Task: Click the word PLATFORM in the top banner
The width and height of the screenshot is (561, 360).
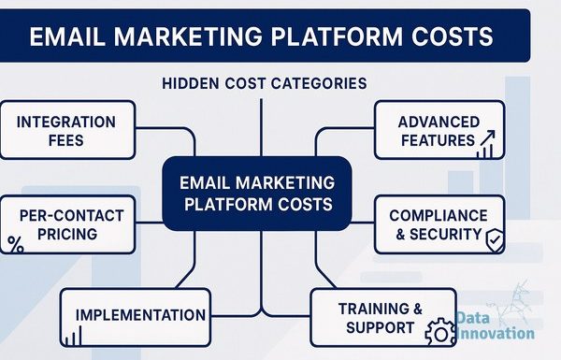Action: [x=337, y=36]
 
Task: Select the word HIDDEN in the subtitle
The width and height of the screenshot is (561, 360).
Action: [x=191, y=83]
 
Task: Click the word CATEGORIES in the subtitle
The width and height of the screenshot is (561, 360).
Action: [x=319, y=83]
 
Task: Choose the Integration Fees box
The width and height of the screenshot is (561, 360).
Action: [x=67, y=130]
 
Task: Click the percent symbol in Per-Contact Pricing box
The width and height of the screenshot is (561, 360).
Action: [x=16, y=245]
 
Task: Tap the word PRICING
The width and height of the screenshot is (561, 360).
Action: [x=67, y=234]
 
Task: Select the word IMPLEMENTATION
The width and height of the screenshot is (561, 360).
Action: [x=140, y=315]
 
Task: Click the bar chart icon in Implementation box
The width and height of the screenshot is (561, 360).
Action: [x=73, y=336]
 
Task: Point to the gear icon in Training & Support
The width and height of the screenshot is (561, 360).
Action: [x=440, y=333]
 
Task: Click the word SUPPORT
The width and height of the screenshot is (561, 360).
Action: [x=380, y=327]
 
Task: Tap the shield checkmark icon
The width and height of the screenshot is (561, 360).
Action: [x=496, y=240]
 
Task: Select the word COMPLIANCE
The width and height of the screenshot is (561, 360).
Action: [x=439, y=216]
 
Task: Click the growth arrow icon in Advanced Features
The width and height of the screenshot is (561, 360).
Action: [x=486, y=144]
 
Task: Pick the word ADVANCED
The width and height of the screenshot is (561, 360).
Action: [x=439, y=122]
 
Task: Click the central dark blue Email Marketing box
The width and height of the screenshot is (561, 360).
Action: [x=257, y=194]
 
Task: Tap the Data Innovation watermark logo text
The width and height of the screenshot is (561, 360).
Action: [x=496, y=325]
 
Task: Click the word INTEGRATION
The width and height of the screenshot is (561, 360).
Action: [x=66, y=122]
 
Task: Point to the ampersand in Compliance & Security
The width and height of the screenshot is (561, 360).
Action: [x=400, y=235]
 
